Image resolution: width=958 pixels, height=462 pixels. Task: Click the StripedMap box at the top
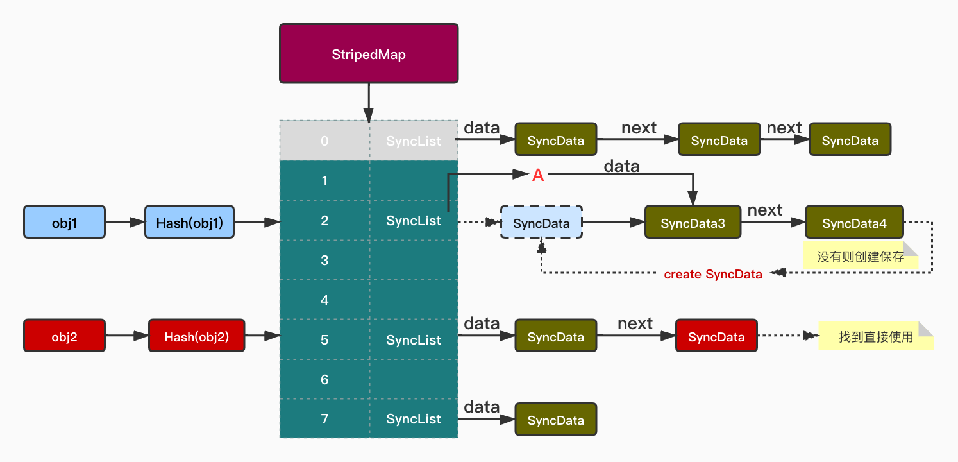pyautogui.click(x=369, y=54)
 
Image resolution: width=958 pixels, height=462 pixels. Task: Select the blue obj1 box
pyautogui.click(x=64, y=222)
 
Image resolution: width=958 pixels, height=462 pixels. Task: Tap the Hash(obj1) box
pyautogui.click(x=189, y=222)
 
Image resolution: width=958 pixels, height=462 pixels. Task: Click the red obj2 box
pyautogui.click(x=64, y=336)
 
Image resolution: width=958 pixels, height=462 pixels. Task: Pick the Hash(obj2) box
pyautogui.click(x=196, y=336)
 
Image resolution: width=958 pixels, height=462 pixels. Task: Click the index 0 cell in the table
pyautogui.click(x=324, y=141)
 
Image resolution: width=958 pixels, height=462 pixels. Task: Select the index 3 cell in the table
pyautogui.click(x=324, y=260)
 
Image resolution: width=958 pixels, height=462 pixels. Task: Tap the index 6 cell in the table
pyautogui.click(x=324, y=379)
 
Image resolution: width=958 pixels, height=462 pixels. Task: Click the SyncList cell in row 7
pyautogui.click(x=414, y=419)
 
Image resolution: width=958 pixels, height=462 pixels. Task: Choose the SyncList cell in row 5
pyautogui.click(x=414, y=340)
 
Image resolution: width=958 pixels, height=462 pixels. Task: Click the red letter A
pyautogui.click(x=538, y=175)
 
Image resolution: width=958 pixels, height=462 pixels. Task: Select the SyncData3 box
pyautogui.click(x=693, y=223)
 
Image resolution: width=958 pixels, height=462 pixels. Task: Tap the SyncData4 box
pyautogui.click(x=854, y=223)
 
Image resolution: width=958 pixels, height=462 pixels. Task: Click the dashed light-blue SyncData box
pyautogui.click(x=541, y=223)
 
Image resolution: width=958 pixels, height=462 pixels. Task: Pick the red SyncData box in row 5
pyautogui.click(x=716, y=336)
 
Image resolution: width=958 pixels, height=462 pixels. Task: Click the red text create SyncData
pyautogui.click(x=713, y=275)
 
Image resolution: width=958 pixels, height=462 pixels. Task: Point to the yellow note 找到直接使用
pyautogui.click(x=875, y=336)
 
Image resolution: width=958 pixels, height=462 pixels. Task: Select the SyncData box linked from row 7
pyautogui.click(x=555, y=420)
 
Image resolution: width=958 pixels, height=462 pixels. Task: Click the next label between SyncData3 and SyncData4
pyautogui.click(x=765, y=210)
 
